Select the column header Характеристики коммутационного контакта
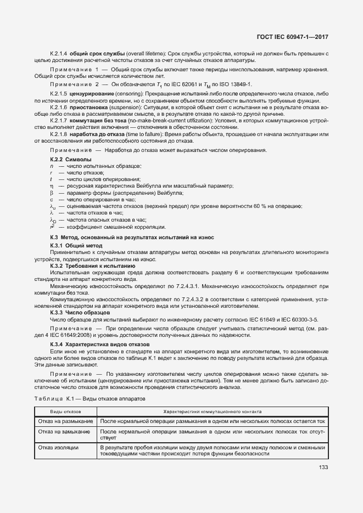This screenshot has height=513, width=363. tap(212, 411)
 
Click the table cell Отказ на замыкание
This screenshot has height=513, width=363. tap(64, 432)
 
